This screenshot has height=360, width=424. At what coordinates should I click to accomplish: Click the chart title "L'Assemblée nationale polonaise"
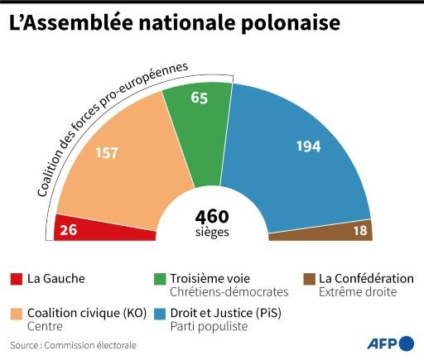174,24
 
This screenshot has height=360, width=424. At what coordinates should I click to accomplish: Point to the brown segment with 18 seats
331,232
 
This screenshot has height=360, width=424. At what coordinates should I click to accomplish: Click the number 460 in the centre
212,216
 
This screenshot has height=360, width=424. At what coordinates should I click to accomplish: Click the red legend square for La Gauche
17,279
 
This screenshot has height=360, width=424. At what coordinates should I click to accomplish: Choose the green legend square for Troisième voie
158,279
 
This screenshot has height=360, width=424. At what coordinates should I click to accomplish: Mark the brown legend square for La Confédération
307,279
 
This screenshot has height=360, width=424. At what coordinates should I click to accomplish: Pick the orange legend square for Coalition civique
17,314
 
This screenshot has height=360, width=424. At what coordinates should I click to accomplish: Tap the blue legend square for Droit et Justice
158,314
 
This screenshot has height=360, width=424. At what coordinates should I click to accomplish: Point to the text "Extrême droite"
358,292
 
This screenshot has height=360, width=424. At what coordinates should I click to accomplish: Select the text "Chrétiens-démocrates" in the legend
228,292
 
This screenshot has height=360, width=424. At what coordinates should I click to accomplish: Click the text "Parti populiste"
209,327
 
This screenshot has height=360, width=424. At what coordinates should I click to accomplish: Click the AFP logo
389,343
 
